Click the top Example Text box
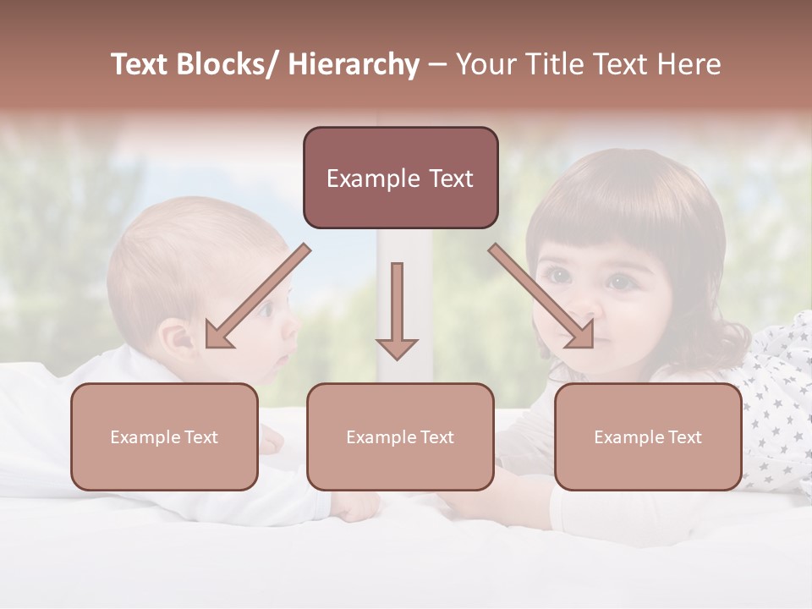pos(400,178)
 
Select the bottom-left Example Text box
pos(164,436)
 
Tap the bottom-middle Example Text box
pos(400,436)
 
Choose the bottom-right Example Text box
pos(648,436)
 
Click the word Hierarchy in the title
pos(354,64)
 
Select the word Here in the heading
pos(690,64)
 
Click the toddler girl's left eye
pos(620,281)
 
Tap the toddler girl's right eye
pos(557,275)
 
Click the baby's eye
pos(267,311)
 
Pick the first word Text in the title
pos(140,64)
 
